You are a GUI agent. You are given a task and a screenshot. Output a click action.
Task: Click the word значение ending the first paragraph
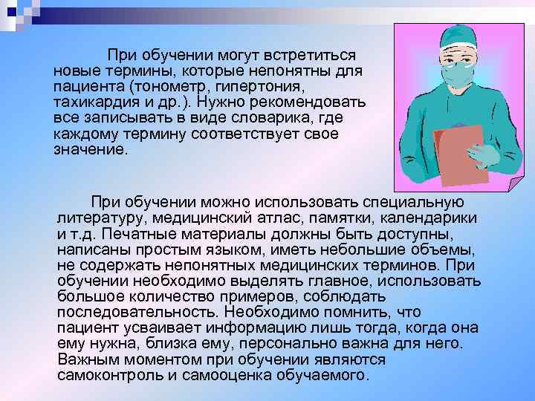[x=90, y=149]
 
